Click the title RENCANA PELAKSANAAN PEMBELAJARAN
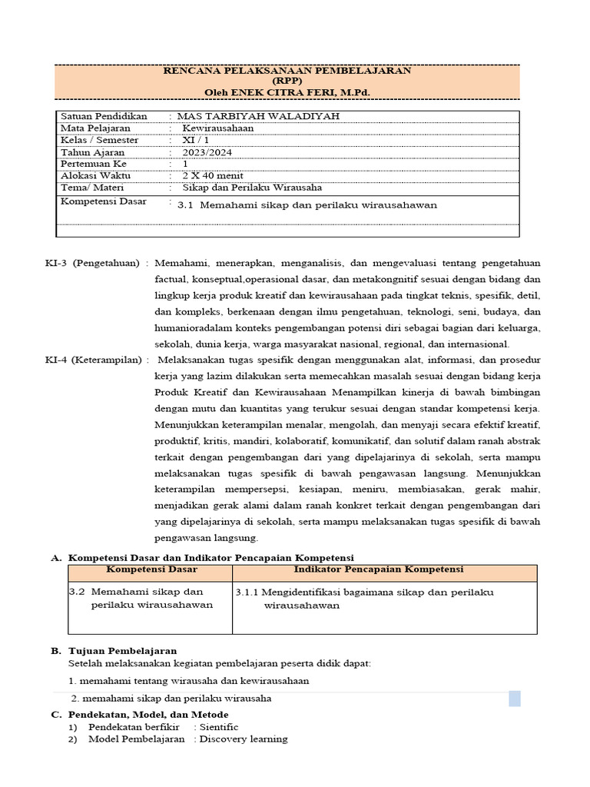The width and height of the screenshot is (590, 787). [x=288, y=71]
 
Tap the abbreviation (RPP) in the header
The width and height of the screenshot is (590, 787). [x=288, y=81]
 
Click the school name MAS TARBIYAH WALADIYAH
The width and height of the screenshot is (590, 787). [x=257, y=116]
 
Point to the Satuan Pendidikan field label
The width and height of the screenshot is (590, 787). [x=103, y=116]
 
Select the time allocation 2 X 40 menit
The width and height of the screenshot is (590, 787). [x=211, y=176]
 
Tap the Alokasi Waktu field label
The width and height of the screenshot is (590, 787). [x=96, y=176]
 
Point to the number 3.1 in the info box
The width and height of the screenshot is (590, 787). [x=186, y=205]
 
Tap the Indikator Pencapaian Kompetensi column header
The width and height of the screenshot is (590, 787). [x=378, y=569]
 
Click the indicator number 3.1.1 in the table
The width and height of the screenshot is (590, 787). [x=248, y=593]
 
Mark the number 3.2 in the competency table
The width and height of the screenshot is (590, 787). [x=76, y=592]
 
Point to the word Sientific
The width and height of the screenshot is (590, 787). [x=219, y=727]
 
